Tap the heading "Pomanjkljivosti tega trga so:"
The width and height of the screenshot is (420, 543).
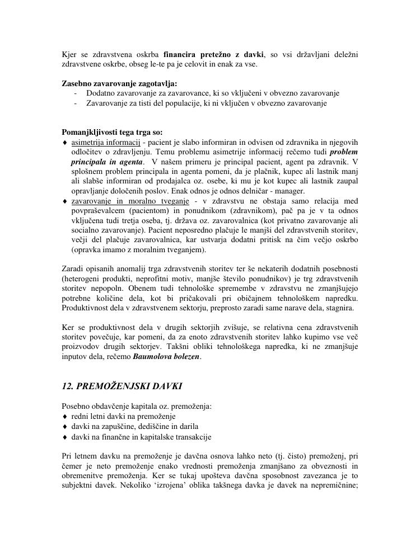coord(112,133)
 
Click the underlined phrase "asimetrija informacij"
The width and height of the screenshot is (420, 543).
coord(105,142)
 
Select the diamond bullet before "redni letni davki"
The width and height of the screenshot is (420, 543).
coord(64,417)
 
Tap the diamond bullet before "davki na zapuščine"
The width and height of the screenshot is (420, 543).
coord(64,427)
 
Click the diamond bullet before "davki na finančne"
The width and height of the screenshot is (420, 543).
coord(64,437)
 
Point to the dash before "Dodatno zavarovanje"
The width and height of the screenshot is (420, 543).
coord(76,93)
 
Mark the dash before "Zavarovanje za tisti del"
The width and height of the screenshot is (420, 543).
coord(76,103)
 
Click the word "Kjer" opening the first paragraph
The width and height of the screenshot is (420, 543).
coord(69,54)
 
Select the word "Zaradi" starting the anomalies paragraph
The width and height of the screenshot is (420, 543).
coord(72,269)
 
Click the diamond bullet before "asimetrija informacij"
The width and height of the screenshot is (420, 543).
coord(64,143)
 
